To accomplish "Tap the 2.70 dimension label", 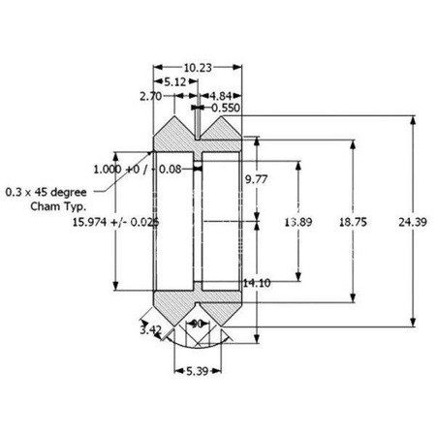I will tap(149, 97).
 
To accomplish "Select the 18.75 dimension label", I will tap(353, 222).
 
